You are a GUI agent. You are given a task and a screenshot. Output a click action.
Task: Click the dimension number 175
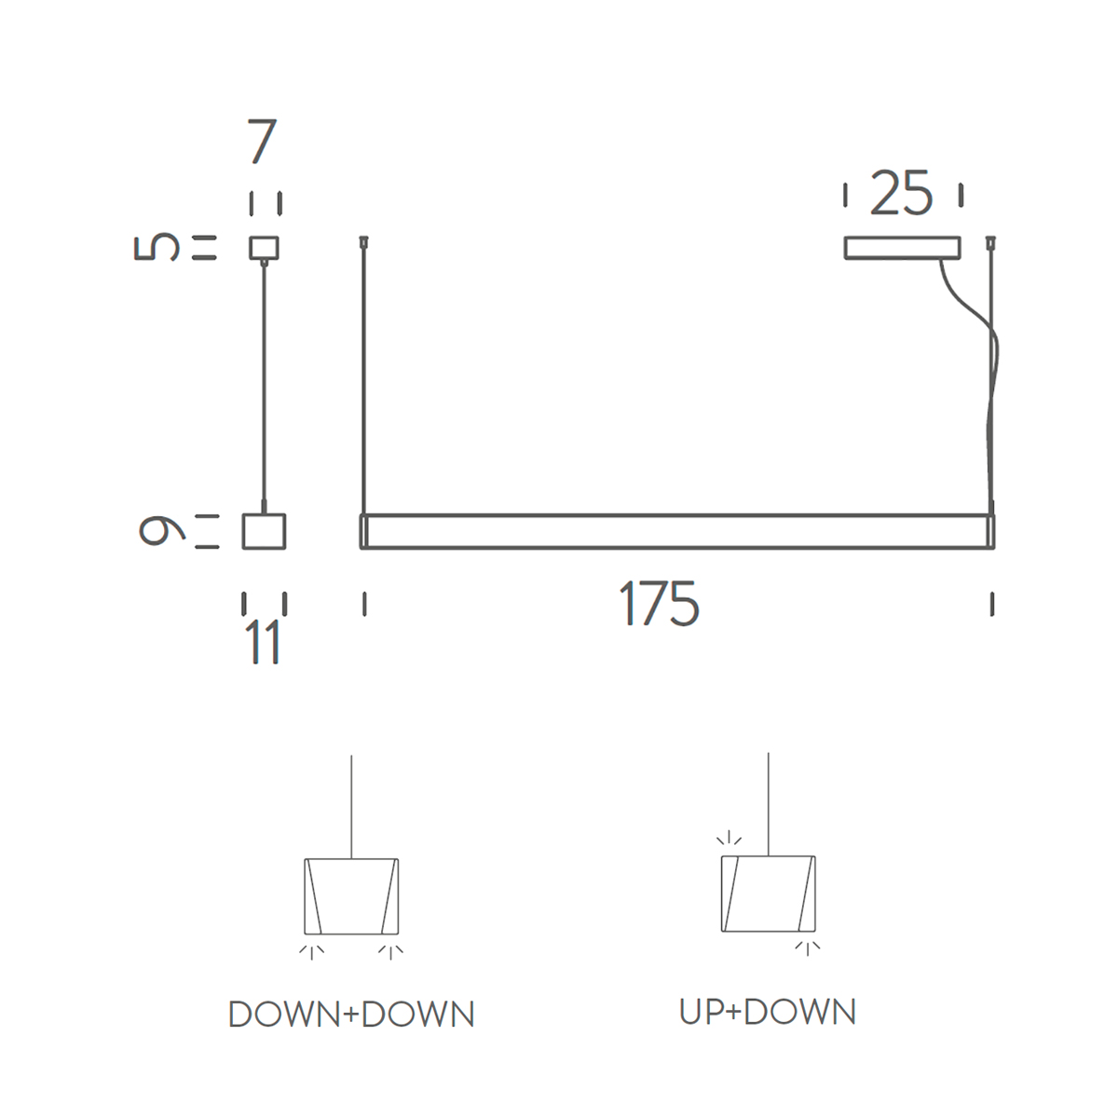[x=659, y=604]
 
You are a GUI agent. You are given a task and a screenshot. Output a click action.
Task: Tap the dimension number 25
[x=902, y=194]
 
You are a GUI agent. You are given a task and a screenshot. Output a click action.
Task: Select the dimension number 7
[x=262, y=141]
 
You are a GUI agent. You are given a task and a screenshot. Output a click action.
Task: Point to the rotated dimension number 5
[x=157, y=247]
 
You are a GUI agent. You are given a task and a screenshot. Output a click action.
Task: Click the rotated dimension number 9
[x=162, y=531]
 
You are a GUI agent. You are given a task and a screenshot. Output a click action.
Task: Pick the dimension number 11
[x=263, y=641]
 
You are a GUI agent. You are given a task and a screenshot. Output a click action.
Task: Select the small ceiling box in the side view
[x=264, y=248]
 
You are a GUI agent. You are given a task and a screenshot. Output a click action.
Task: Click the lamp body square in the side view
[x=264, y=531]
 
